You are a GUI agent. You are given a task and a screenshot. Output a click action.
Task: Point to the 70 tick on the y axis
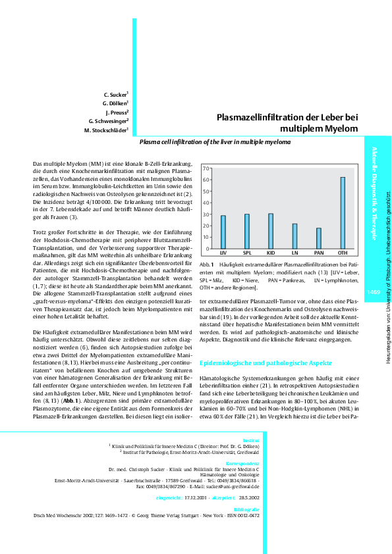[x=206, y=169]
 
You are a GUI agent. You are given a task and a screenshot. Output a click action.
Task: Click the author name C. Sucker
[x=116, y=95]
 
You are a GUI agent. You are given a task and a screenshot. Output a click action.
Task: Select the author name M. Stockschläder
[x=106, y=130]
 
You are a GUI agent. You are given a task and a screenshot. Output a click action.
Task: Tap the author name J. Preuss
[x=116, y=113]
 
